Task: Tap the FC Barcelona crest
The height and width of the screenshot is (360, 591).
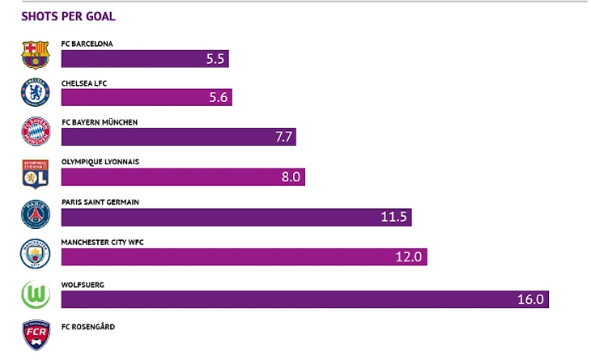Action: tap(36, 54)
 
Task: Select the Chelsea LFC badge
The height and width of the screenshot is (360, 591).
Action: tap(36, 93)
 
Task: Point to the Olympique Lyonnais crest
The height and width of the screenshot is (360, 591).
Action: tap(36, 173)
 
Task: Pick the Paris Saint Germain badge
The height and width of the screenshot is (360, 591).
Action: tap(36, 214)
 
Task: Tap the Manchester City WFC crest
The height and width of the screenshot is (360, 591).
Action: tap(36, 254)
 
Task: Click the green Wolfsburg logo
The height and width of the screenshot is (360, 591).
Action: tap(36, 294)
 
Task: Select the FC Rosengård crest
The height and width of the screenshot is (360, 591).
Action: tap(36, 335)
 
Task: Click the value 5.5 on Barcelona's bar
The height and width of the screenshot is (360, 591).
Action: tap(215, 59)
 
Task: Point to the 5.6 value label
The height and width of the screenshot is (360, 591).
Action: tap(219, 98)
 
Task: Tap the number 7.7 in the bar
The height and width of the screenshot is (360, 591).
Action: tap(283, 138)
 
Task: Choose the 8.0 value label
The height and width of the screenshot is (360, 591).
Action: tap(291, 177)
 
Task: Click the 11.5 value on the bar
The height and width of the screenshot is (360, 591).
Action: tap(396, 218)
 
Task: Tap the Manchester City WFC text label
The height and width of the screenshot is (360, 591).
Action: tap(102, 242)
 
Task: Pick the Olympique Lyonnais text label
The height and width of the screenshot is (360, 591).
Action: tap(100, 162)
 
